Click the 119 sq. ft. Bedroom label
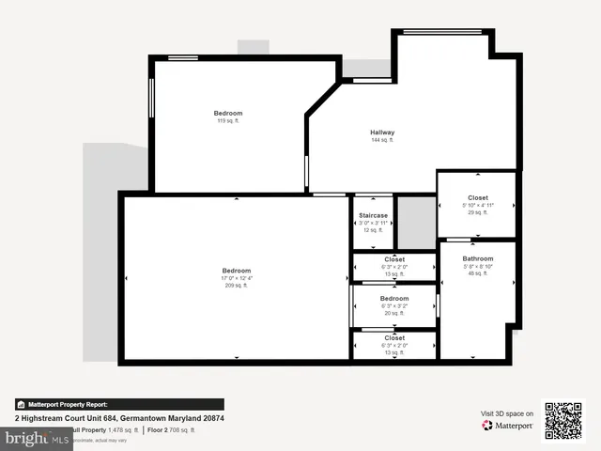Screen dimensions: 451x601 (x=228, y=114)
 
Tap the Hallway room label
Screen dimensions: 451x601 (x=382, y=132)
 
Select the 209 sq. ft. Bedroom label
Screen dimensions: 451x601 (x=237, y=271)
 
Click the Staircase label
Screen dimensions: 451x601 (x=373, y=215)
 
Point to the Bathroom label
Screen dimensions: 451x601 (x=477, y=258)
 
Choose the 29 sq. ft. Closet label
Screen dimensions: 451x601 (x=477, y=198)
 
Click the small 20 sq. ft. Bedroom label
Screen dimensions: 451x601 (x=394, y=298)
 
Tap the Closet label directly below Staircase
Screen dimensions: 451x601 (x=394, y=258)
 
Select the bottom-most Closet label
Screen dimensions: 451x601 (x=394, y=337)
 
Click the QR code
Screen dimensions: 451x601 (x=564, y=419)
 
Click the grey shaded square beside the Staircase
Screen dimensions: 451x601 (x=415, y=223)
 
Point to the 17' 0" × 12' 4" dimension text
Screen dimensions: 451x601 (x=237, y=278)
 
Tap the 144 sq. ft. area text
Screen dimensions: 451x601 (x=382, y=140)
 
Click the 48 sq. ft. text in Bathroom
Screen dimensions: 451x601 (x=477, y=273)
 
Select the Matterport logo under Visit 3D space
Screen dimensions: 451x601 (x=508, y=426)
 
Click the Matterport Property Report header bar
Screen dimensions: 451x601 (x=119, y=404)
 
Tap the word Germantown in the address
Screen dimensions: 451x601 (x=151, y=418)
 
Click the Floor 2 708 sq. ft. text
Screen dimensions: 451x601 (x=172, y=430)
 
